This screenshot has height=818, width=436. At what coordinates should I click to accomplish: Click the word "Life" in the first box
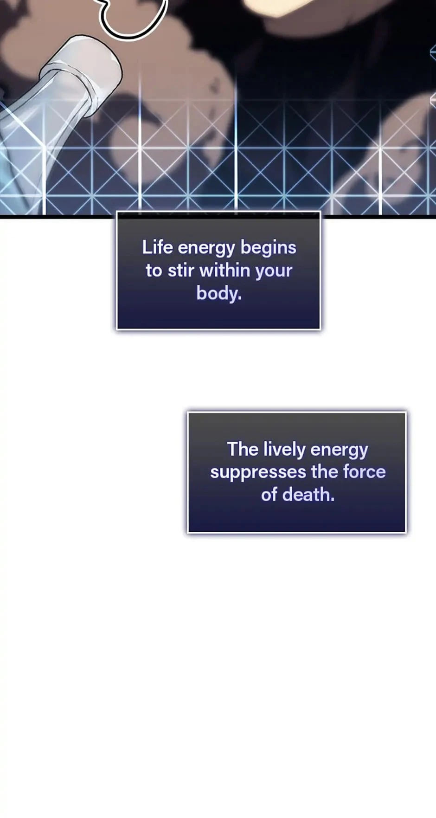(157, 247)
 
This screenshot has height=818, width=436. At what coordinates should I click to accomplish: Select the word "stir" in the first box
(181, 270)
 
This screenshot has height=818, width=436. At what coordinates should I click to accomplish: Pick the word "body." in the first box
(219, 293)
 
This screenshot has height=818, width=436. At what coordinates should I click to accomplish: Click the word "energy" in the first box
(206, 249)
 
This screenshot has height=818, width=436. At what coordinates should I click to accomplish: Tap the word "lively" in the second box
(284, 449)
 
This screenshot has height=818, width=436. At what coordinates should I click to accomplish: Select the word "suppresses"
(258, 473)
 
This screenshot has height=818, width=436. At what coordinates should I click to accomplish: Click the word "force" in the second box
(364, 471)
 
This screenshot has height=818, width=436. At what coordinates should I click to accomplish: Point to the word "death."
(308, 495)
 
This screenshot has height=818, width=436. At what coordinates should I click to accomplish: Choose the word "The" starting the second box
(243, 449)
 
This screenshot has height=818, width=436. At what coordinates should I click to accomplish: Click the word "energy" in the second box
(339, 450)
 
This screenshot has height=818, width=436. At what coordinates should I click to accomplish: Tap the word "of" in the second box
(269, 495)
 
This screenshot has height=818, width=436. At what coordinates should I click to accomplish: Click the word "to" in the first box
(154, 271)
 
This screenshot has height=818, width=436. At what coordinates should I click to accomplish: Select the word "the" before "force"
(325, 471)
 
